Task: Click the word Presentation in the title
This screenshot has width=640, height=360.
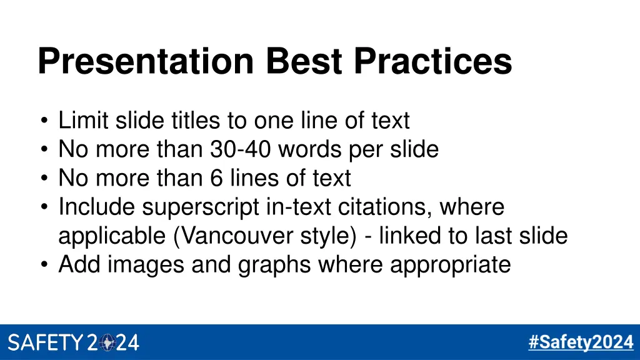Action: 145,62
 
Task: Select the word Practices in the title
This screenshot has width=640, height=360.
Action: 432,62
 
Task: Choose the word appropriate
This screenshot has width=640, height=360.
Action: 451,265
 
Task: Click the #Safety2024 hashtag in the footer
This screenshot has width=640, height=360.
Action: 581,342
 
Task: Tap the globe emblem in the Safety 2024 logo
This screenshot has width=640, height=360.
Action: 107,342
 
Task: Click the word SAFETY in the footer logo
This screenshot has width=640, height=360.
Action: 45,342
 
